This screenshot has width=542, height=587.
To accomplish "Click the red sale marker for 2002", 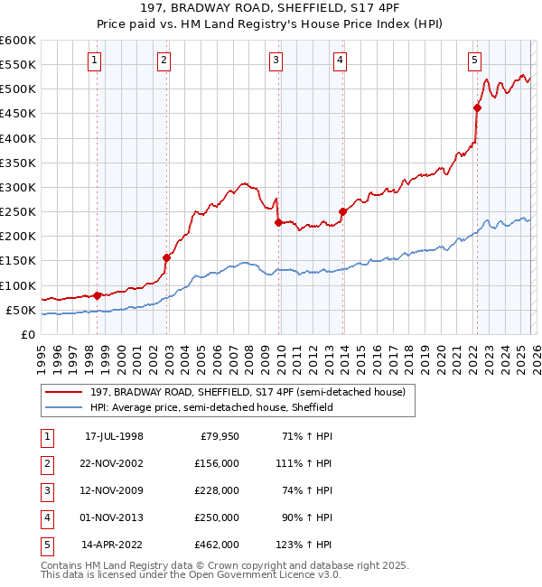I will click(x=166, y=257).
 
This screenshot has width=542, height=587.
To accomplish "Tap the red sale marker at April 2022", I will click(x=477, y=107).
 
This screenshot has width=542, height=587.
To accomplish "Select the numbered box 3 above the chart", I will click(x=276, y=61).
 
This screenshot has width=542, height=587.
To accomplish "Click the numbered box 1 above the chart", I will click(x=95, y=61).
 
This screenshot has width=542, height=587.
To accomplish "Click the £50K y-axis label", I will click(x=21, y=310).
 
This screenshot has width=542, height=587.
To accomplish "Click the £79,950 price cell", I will click(x=217, y=436).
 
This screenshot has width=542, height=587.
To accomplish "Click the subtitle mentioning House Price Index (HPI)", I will click(x=271, y=25).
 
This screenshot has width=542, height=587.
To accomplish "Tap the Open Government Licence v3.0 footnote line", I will click(x=191, y=574).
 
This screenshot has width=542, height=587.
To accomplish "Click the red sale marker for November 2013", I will click(x=342, y=211).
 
